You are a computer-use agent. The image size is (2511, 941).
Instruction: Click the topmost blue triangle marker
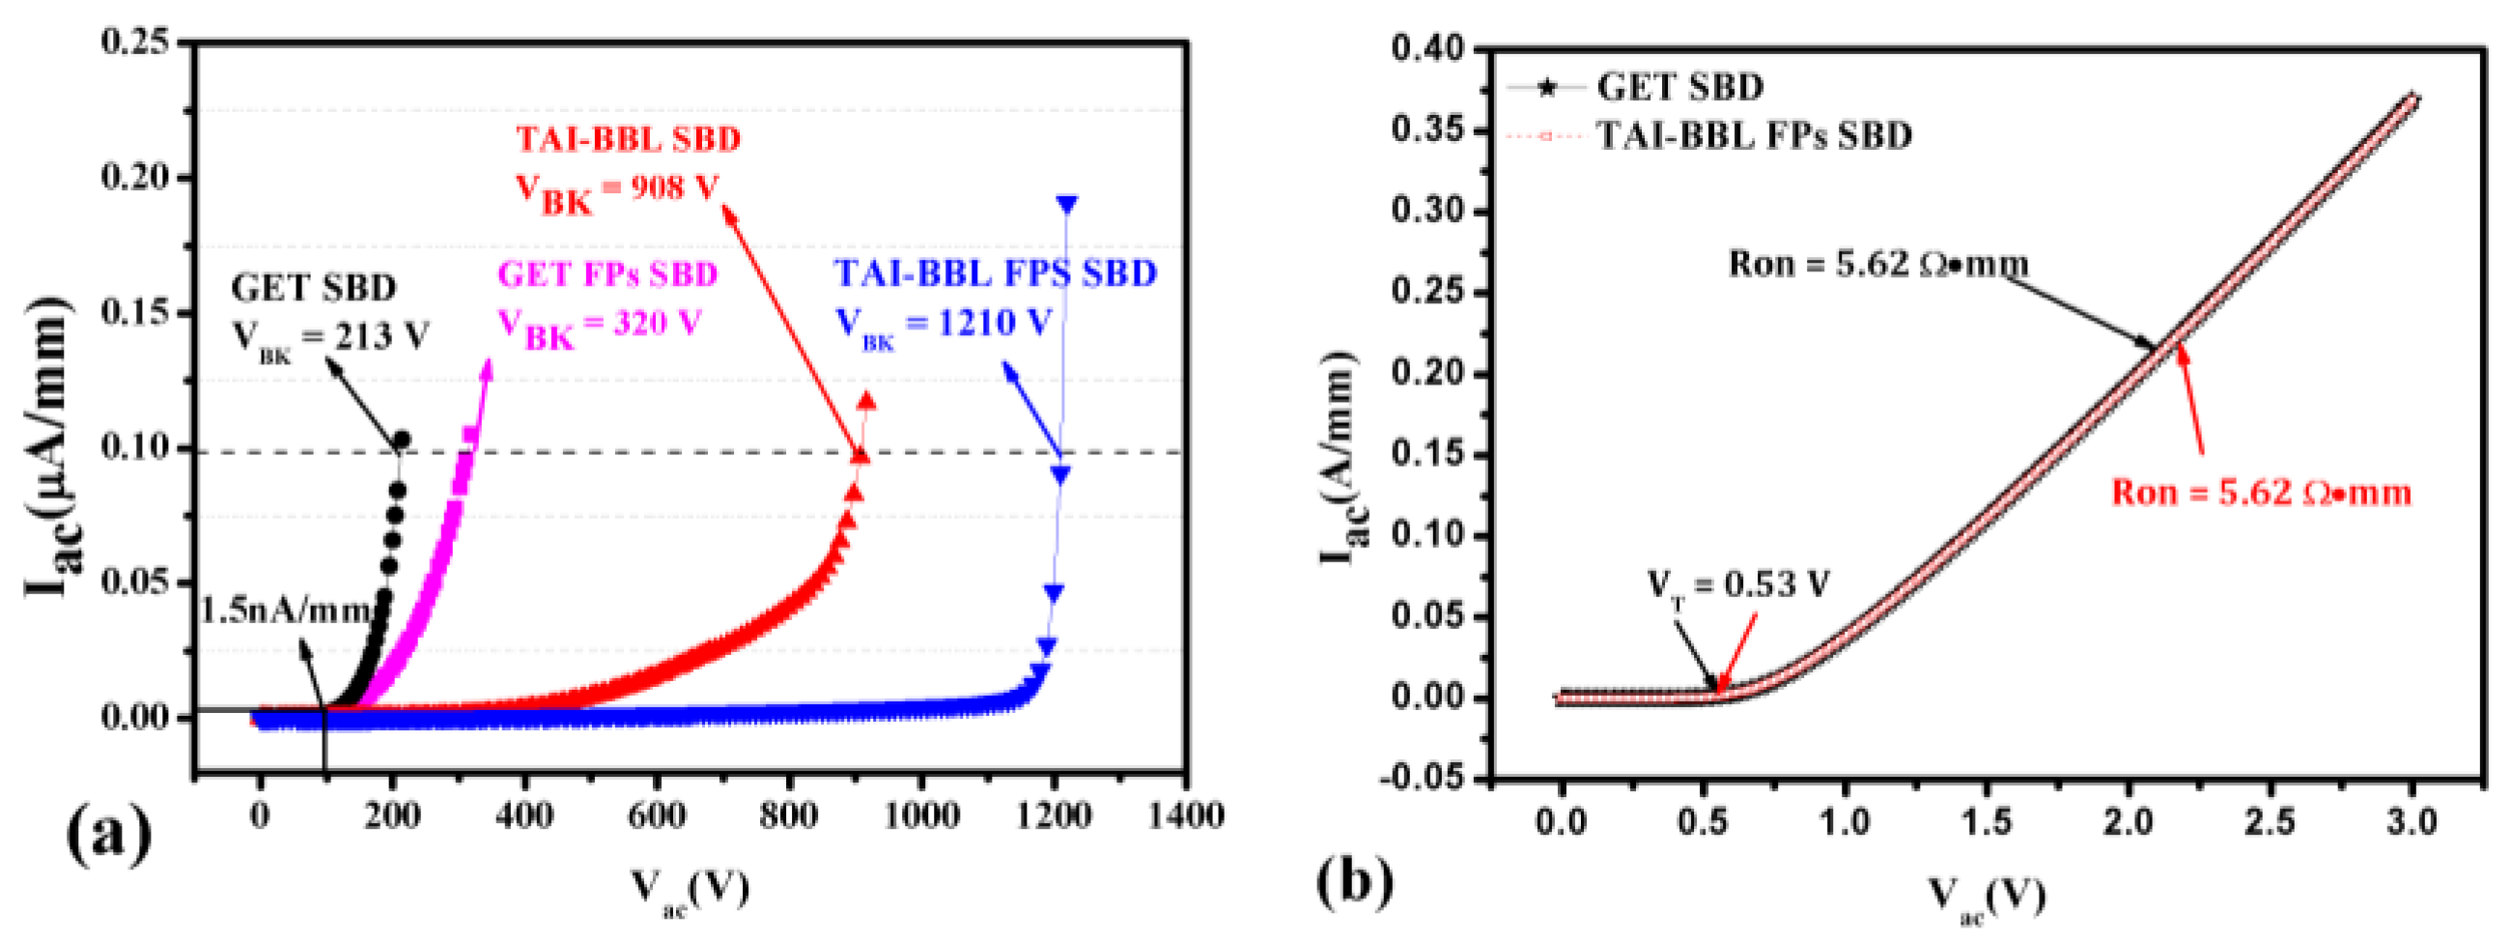point(1066,205)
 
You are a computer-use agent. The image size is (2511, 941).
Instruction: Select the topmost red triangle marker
point(865,402)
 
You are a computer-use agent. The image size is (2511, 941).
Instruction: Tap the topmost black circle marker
point(401,440)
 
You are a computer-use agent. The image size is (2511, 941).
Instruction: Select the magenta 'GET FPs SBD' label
point(608,274)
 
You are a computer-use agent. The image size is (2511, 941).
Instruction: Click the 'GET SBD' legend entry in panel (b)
point(1679,88)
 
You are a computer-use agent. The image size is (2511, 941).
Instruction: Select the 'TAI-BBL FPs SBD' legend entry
point(1754,135)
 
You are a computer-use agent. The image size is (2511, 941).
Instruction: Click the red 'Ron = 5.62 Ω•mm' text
point(2262,493)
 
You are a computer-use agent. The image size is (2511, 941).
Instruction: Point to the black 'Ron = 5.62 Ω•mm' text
point(1878,265)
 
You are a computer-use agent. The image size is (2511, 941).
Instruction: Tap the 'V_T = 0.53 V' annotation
point(1738,585)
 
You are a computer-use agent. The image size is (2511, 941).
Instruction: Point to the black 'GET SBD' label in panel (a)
point(314,289)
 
